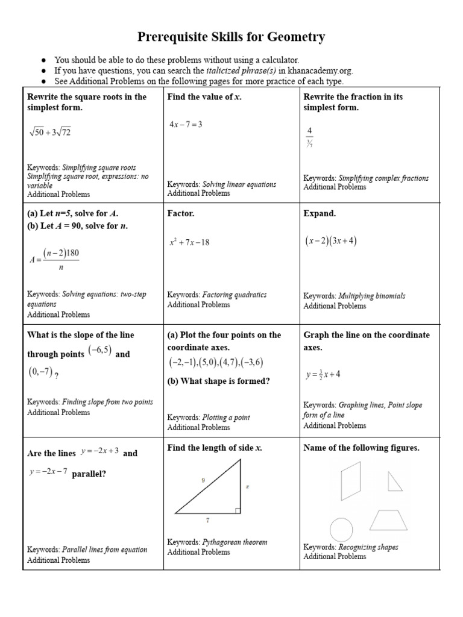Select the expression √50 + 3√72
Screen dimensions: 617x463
pos(49,132)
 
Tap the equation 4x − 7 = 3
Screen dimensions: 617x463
pos(185,124)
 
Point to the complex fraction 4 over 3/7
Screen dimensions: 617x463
pos(309,137)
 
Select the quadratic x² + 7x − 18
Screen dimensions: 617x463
pos(189,242)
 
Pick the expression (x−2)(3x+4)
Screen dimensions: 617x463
pos(330,241)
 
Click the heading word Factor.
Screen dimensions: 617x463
pos(181,213)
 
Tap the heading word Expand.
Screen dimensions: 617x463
pos(320,213)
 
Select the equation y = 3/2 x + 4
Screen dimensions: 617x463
pos(323,374)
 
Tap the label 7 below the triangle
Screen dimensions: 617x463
pos(208,519)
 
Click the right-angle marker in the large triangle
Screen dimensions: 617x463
pos(238,510)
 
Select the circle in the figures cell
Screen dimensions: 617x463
pos(341,530)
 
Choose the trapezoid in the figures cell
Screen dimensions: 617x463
pos(389,519)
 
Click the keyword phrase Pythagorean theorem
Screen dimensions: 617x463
pos(235,542)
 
